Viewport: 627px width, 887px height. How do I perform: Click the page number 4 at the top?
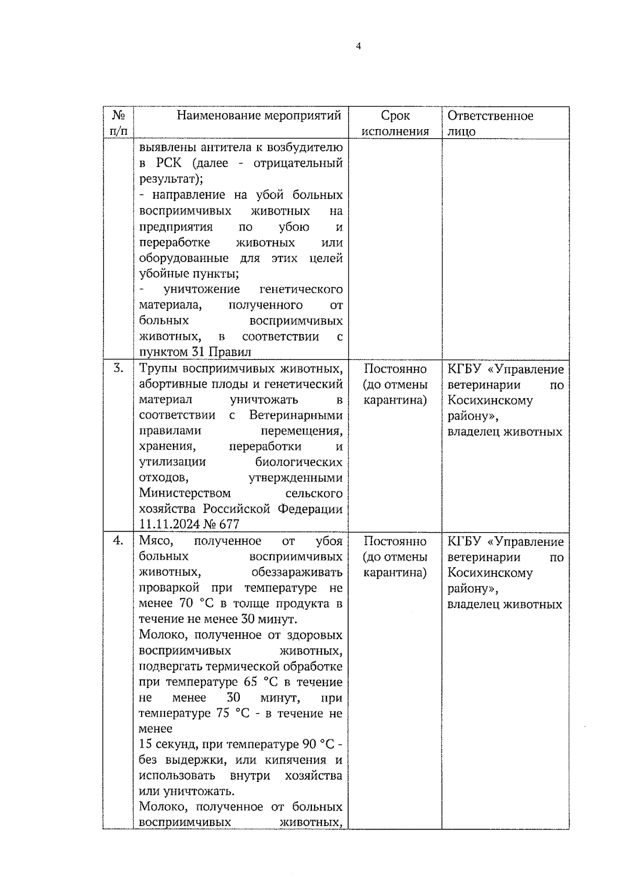(358, 46)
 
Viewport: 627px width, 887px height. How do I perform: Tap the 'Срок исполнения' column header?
(396, 123)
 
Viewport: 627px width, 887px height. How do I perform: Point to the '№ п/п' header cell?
(119, 123)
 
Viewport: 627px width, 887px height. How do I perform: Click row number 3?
(119, 368)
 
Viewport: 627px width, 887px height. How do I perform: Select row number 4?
(119, 541)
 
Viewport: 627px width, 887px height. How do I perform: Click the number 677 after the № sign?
(228, 524)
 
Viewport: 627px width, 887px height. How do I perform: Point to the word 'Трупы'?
(157, 369)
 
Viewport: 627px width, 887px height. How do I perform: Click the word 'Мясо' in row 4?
(155, 542)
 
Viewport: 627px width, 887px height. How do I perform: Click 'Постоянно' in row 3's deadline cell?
(395, 369)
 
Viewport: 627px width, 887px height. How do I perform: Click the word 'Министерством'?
(184, 493)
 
